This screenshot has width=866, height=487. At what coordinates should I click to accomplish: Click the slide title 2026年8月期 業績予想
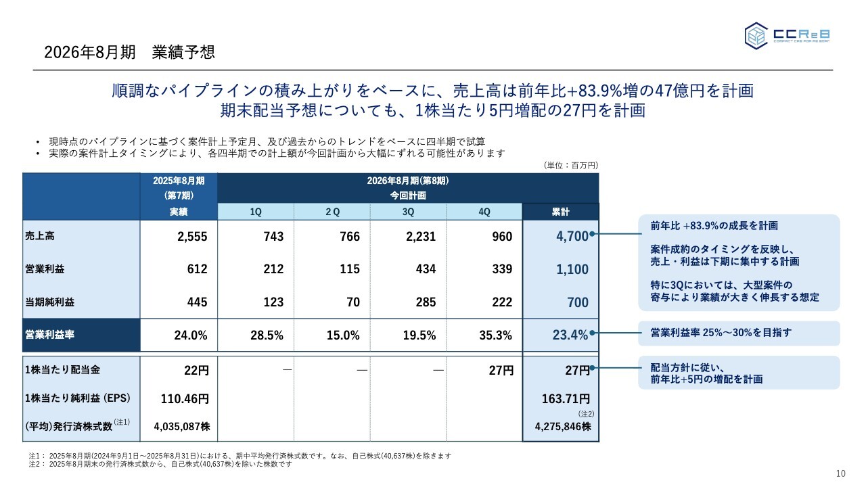pyautogui.click(x=129, y=52)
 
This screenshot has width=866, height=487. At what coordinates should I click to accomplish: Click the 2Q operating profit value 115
pyautogui.click(x=350, y=269)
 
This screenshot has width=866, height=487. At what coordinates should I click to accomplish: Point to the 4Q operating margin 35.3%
pyautogui.click(x=495, y=334)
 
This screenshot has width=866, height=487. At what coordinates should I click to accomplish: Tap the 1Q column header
pyautogui.click(x=256, y=212)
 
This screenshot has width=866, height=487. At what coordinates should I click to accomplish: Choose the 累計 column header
pyautogui.click(x=560, y=212)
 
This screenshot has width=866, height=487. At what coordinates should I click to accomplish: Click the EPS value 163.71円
pyautogui.click(x=566, y=398)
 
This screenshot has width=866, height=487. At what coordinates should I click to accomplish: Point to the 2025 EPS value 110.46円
pyautogui.click(x=184, y=398)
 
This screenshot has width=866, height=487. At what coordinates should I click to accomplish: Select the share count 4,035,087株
pyautogui.click(x=181, y=427)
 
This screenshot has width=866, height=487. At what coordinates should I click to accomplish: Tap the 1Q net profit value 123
pyautogui.click(x=273, y=302)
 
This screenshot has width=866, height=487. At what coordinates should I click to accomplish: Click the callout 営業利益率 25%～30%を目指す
pyautogui.click(x=720, y=333)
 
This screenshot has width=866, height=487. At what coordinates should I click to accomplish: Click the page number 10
pyautogui.click(x=841, y=473)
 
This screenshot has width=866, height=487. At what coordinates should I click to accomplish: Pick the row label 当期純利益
pyautogui.click(x=50, y=302)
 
